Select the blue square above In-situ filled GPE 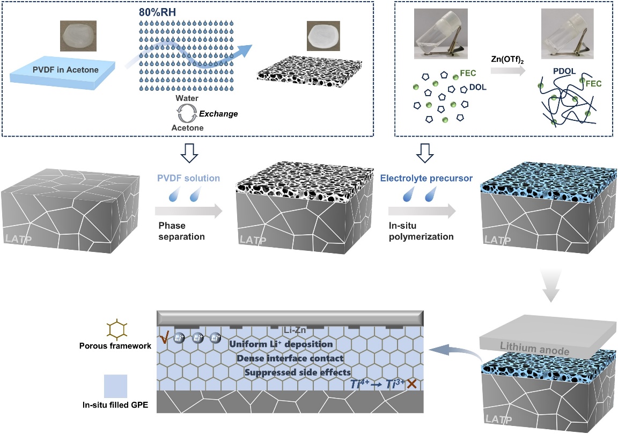click(115, 387)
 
